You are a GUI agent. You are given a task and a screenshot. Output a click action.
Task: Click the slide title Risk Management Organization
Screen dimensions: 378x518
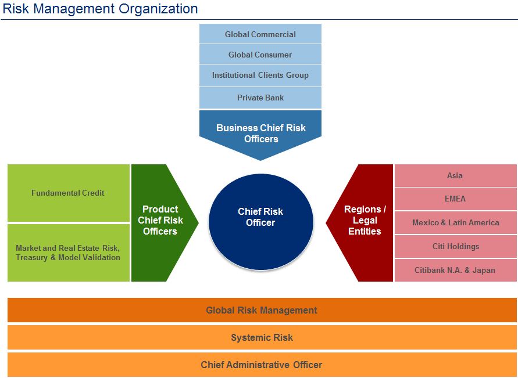point(100,9)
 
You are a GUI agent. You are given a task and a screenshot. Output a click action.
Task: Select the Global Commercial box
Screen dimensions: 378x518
point(260,34)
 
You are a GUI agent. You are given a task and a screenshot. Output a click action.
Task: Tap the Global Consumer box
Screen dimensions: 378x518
point(260,55)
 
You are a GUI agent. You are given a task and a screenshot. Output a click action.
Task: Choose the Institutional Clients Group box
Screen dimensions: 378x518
point(260,75)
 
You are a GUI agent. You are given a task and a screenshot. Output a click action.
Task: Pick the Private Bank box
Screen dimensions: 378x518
point(260,98)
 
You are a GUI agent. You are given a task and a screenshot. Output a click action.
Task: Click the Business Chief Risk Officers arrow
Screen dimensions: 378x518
point(260,134)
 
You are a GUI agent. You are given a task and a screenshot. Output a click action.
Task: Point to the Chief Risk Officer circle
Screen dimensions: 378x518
point(260,217)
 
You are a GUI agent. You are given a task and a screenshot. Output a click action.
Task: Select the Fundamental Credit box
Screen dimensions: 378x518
point(68,193)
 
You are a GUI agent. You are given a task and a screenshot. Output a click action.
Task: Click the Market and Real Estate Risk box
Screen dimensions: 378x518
point(68,253)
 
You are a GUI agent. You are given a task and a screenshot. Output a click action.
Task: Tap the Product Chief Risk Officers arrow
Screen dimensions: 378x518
point(161,220)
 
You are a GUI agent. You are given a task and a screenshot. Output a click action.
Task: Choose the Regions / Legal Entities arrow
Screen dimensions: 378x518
point(364,220)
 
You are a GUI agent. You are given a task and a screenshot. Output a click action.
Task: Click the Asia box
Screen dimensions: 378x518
point(455,175)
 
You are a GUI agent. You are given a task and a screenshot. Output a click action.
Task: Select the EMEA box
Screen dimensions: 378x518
point(455,199)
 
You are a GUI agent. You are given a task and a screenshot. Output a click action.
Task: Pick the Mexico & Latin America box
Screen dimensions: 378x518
point(455,222)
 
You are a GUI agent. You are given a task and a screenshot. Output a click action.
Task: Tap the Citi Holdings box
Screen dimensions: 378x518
point(455,246)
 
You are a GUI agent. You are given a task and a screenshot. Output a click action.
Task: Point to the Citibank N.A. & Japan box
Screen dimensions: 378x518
point(455,270)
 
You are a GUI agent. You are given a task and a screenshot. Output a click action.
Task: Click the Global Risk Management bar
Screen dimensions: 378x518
point(262,310)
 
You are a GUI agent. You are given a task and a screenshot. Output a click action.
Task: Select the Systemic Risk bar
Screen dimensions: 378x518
point(262,337)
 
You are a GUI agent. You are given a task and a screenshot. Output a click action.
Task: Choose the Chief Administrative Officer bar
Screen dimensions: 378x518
point(262,365)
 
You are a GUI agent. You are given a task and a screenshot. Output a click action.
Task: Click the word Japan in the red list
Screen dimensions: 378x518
point(484,270)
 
